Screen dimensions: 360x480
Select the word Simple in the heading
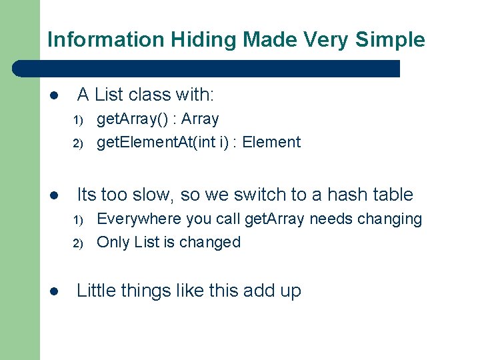point(390,39)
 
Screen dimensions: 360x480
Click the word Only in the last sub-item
point(113,242)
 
